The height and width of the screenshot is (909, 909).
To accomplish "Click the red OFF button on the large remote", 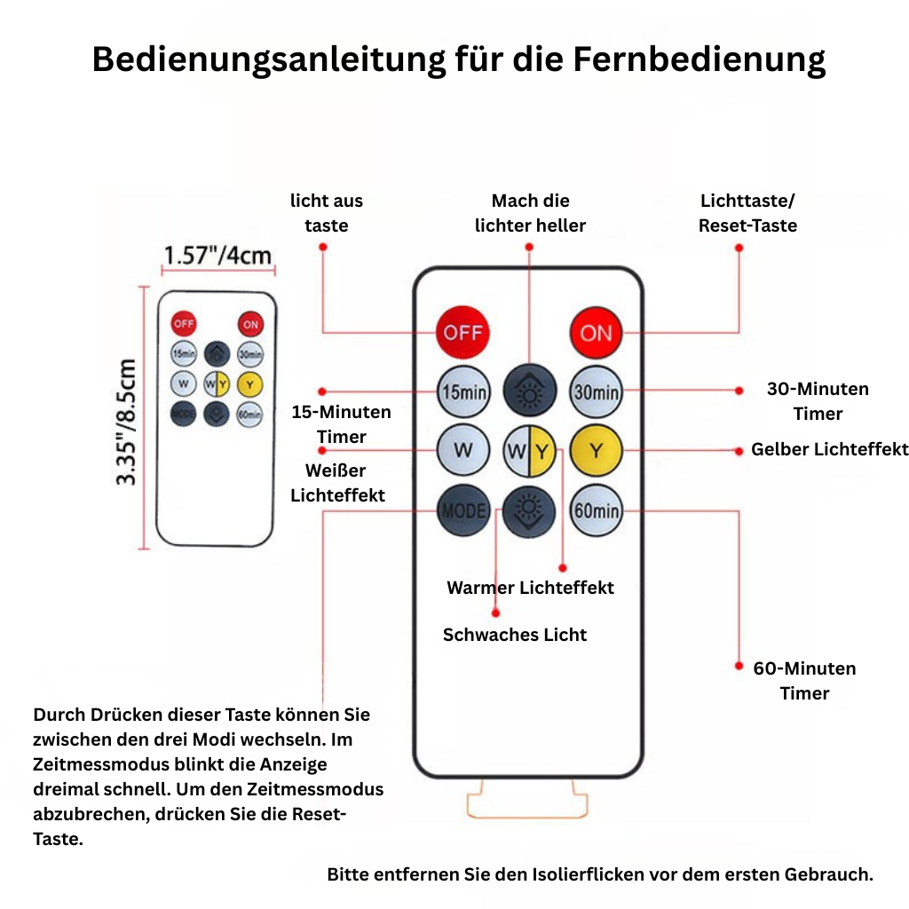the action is pyautogui.click(x=462, y=332).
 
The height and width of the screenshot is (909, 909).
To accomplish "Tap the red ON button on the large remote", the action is pyautogui.click(x=596, y=333).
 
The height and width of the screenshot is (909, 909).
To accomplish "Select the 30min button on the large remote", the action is pyautogui.click(x=596, y=391).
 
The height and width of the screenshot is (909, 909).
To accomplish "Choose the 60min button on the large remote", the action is pyautogui.click(x=596, y=510).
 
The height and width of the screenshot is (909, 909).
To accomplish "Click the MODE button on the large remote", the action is pyautogui.click(x=463, y=510).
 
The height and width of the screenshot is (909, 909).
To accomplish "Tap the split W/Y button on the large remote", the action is pyautogui.click(x=529, y=451).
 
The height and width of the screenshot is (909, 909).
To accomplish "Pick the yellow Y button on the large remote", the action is pyautogui.click(x=596, y=451).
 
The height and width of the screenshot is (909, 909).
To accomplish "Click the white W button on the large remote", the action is pyautogui.click(x=463, y=450).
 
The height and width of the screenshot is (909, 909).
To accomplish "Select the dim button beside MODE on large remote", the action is pyautogui.click(x=529, y=511).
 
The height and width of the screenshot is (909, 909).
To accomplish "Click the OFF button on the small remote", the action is pyautogui.click(x=183, y=323).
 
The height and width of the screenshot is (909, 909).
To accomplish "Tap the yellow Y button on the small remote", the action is pyautogui.click(x=249, y=384).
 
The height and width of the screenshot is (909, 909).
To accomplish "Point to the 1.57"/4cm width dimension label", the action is pyautogui.click(x=217, y=255).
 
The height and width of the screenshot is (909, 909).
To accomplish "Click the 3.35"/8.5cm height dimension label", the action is pyautogui.click(x=126, y=422).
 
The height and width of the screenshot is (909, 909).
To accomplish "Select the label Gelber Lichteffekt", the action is pyautogui.click(x=830, y=449).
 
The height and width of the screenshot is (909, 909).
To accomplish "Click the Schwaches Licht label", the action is pyautogui.click(x=515, y=635).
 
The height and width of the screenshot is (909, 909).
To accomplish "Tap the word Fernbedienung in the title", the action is pyautogui.click(x=700, y=59).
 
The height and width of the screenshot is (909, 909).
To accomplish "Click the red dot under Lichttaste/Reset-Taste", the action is pyautogui.click(x=739, y=249).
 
